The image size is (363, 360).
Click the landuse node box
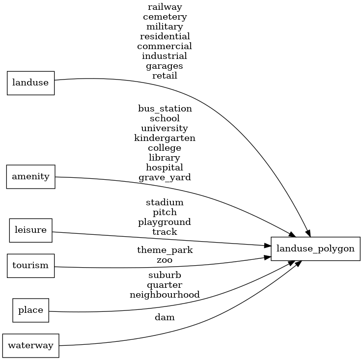[x=30, y=83]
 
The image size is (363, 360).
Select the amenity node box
[x=30, y=176]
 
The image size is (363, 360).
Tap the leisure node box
[x=30, y=230]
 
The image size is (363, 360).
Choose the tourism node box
[x=30, y=266]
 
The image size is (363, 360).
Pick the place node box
[x=30, y=310]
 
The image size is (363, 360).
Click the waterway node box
[x=30, y=345]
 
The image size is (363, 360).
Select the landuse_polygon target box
[x=315, y=248]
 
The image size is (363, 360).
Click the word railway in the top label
[x=165, y=7]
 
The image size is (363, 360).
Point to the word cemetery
[x=165, y=17]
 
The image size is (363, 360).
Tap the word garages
[x=165, y=66]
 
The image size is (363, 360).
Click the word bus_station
[x=165, y=109]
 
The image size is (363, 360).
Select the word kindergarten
[x=165, y=138]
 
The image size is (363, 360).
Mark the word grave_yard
[x=165, y=177]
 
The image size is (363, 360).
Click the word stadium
[x=165, y=202]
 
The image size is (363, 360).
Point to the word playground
[x=165, y=222]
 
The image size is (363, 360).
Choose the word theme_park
[x=165, y=250]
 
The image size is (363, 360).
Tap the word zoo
[x=165, y=260]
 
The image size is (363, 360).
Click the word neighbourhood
[x=165, y=295]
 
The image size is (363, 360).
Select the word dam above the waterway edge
[x=165, y=318]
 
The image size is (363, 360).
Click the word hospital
[x=165, y=167]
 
